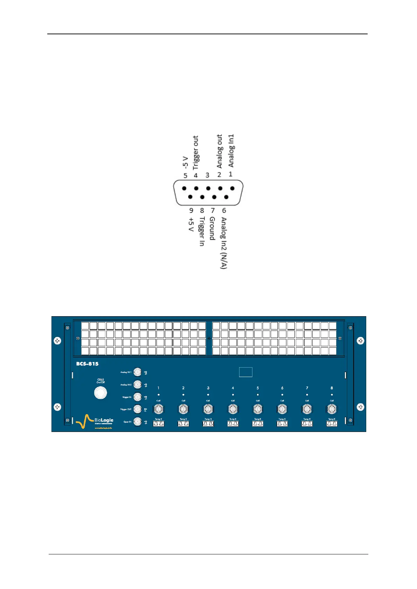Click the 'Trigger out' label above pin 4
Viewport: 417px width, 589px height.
tap(196, 152)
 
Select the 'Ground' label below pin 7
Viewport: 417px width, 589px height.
tap(212, 228)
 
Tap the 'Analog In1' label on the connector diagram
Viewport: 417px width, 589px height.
tap(231, 150)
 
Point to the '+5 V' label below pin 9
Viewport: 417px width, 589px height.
tap(191, 225)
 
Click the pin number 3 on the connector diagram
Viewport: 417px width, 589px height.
tap(207, 175)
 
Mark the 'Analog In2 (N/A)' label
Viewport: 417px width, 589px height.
tap(224, 243)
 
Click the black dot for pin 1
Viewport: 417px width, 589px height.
tap(232, 188)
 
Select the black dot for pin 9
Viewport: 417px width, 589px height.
tap(190, 197)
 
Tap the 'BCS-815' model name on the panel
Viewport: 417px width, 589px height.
tap(88, 364)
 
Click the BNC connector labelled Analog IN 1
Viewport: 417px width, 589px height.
tap(138, 372)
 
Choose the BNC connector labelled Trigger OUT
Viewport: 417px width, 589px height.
tap(138, 409)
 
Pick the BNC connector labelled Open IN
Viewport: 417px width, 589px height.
tap(138, 422)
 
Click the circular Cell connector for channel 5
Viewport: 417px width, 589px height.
tap(258, 409)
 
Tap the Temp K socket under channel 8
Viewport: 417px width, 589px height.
tap(332, 424)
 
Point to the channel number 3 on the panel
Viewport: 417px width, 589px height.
tap(208, 388)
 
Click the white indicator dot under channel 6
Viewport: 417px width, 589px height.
tap(282, 395)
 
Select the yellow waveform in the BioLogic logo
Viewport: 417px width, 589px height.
tap(84, 421)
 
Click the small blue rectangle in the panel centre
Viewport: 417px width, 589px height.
tap(246, 372)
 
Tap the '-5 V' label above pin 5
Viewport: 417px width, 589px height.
tap(186, 163)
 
